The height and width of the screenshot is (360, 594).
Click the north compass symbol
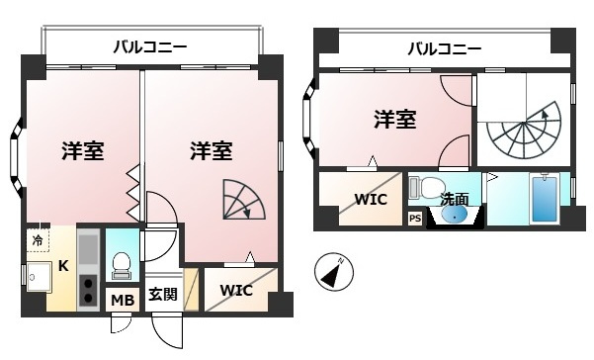(x=334, y=272)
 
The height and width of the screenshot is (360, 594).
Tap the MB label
(x=123, y=300)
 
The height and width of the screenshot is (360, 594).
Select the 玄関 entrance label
(x=163, y=294)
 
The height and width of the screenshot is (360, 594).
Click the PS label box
(x=415, y=219)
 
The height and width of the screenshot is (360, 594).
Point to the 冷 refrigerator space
(x=38, y=240)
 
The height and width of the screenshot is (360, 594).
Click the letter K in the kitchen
(x=63, y=266)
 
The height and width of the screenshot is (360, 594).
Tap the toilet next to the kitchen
(x=122, y=266)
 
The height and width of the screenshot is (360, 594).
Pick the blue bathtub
(x=545, y=200)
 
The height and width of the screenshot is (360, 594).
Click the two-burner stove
(x=88, y=290)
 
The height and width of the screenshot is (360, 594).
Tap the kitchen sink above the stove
(x=88, y=249)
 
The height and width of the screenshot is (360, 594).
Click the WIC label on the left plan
(x=236, y=290)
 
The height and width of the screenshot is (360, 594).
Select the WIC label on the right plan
(x=371, y=199)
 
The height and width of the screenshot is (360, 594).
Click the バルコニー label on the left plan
(x=150, y=47)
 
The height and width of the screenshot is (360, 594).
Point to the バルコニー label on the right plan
(x=445, y=48)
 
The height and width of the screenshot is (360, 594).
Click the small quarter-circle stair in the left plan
(x=244, y=199)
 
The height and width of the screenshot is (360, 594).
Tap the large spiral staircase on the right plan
(x=524, y=131)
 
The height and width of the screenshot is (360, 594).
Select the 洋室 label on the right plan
(x=395, y=119)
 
